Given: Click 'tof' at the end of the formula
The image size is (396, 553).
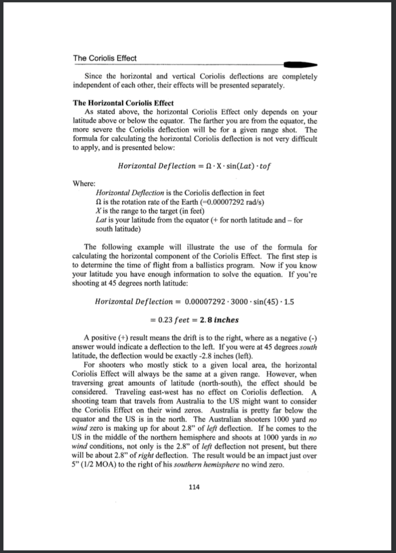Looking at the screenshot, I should point(262,164).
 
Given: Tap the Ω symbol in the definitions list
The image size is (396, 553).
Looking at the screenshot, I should point(97,202).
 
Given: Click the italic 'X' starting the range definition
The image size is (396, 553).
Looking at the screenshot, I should point(97,211).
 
